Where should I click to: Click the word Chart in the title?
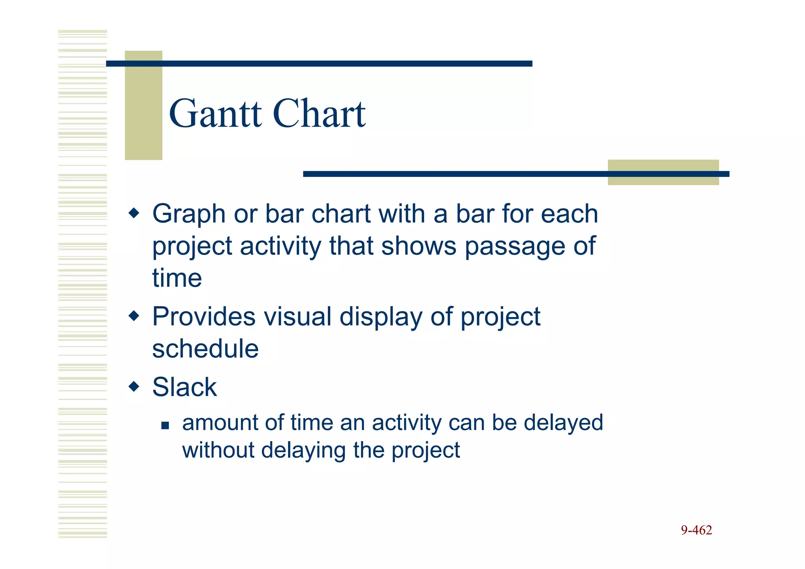click(x=319, y=114)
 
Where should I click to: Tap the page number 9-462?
click(x=696, y=530)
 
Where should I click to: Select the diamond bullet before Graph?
click(x=134, y=214)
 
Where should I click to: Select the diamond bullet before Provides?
click(x=134, y=316)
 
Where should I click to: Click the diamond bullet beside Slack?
click(x=134, y=387)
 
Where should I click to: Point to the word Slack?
click(x=184, y=387)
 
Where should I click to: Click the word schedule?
click(x=205, y=349)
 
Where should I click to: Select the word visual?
click(x=297, y=317)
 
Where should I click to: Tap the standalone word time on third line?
click(x=177, y=278)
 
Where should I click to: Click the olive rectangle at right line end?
click(x=663, y=172)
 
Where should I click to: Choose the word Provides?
click(x=203, y=317)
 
